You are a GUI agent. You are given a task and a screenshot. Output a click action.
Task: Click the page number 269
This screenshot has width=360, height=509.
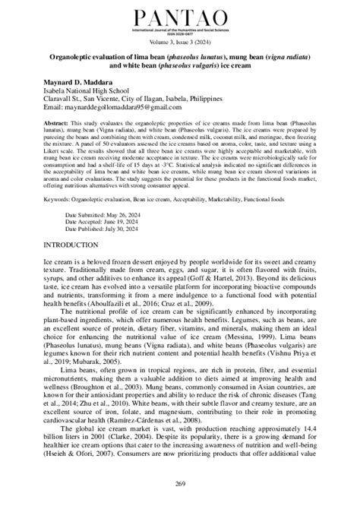point(180,485)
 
